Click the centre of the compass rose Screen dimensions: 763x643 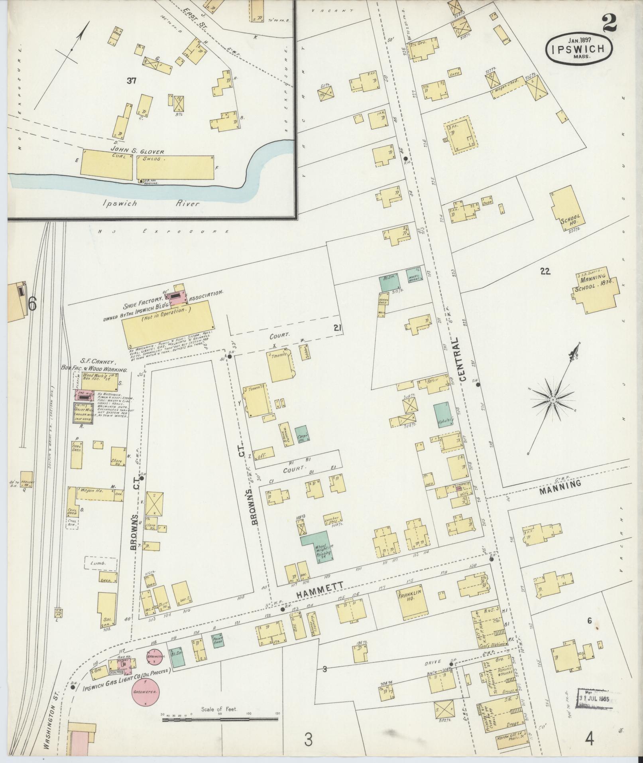tap(553, 400)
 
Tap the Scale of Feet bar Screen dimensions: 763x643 tap(220, 720)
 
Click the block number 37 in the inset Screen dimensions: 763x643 tap(132, 81)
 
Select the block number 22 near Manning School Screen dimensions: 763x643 tap(545, 272)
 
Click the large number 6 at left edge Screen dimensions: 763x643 tap(32, 304)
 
